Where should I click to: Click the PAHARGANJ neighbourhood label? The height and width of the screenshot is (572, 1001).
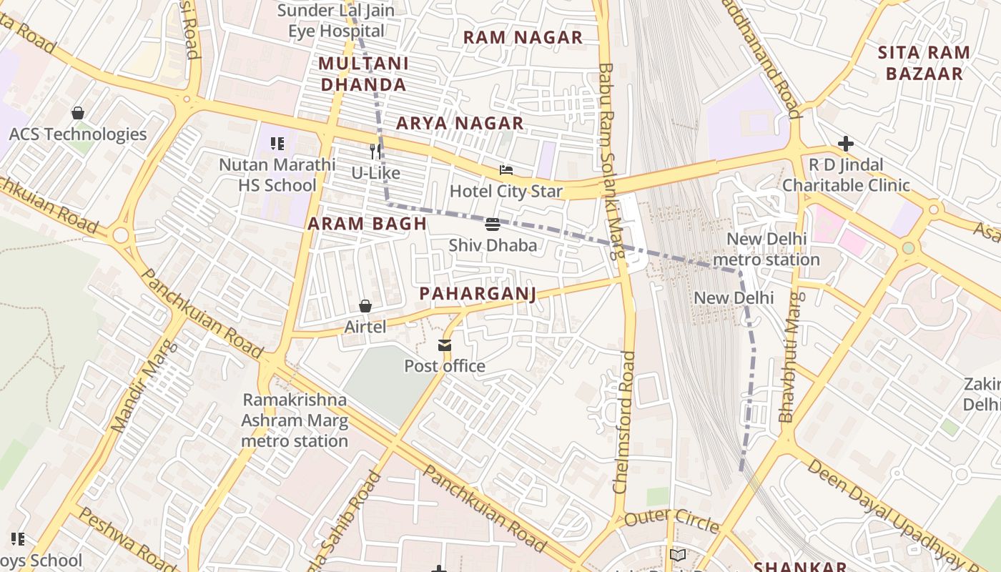pyautogui.click(x=478, y=293)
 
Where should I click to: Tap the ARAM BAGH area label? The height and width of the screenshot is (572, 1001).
pyautogui.click(x=367, y=224)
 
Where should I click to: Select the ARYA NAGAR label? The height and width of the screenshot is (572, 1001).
pyautogui.click(x=460, y=123)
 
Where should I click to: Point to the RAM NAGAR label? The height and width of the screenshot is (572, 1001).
pyautogui.click(x=523, y=37)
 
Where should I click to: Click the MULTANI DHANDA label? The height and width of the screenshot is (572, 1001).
pyautogui.click(x=363, y=74)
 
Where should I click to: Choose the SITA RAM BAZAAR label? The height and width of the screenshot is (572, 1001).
pyautogui.click(x=924, y=63)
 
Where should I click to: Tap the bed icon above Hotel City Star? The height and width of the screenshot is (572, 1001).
pyautogui.click(x=506, y=170)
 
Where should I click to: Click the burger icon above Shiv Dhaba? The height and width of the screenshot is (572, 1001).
pyautogui.click(x=492, y=225)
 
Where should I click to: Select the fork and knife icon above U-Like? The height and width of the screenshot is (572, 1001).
pyautogui.click(x=375, y=152)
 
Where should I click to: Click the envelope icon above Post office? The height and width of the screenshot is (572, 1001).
pyautogui.click(x=445, y=346)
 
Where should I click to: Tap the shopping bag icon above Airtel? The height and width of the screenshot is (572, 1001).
pyautogui.click(x=365, y=306)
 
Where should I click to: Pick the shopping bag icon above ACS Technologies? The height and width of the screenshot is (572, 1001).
pyautogui.click(x=78, y=113)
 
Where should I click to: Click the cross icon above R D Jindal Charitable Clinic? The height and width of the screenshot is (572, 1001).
pyautogui.click(x=845, y=144)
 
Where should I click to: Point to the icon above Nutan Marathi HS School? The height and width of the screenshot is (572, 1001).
pyautogui.click(x=277, y=144)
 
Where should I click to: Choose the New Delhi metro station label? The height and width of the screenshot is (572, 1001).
pyautogui.click(x=766, y=249)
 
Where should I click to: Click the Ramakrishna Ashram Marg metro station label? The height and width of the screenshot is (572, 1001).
pyautogui.click(x=295, y=420)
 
